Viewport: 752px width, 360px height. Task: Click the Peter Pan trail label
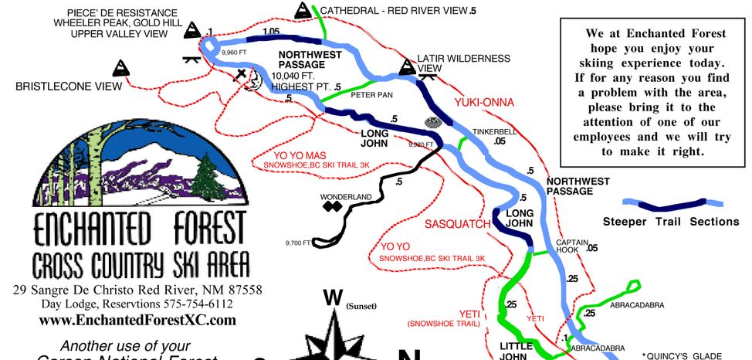click(x=368, y=97)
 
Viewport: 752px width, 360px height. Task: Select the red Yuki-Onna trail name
click(x=485, y=102)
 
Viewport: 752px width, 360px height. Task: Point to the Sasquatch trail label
click(x=458, y=224)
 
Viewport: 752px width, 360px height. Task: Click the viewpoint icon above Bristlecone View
click(x=120, y=67)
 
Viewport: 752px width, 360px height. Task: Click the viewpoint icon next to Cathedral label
click(x=302, y=11)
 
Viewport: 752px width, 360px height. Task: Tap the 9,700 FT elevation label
click(x=297, y=243)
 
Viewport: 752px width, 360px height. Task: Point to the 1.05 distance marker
click(x=270, y=32)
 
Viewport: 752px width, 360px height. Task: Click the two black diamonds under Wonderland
click(x=331, y=207)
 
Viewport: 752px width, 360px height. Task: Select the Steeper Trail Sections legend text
click(x=670, y=222)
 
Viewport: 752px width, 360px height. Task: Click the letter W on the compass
click(x=332, y=297)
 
